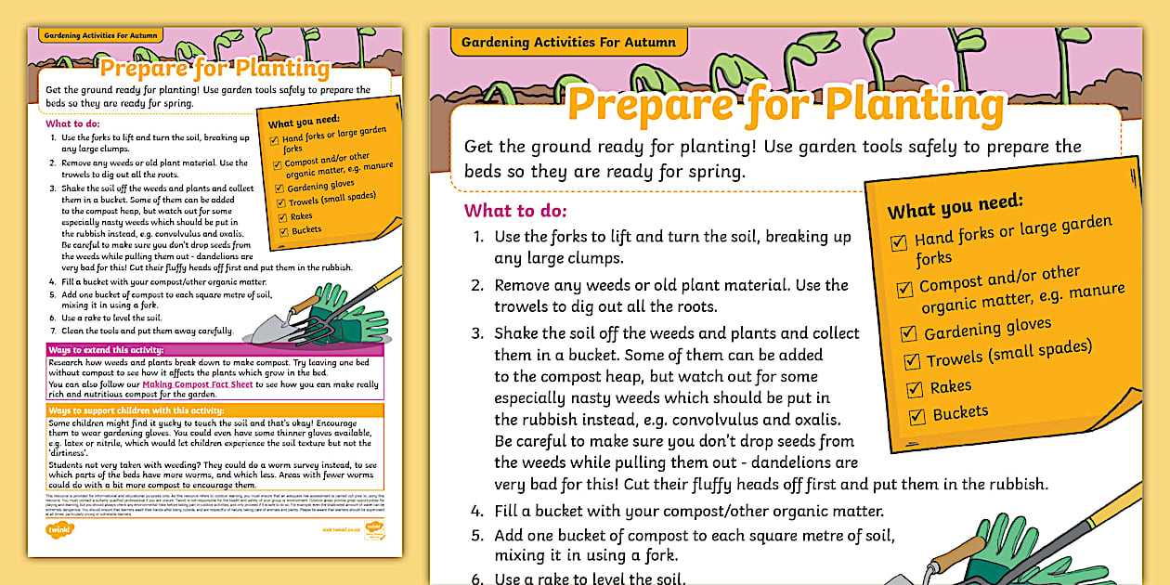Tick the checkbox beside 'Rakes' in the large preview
point(916,390)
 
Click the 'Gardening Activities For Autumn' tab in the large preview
point(568,43)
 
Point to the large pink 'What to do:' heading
point(515,210)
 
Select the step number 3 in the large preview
point(477,332)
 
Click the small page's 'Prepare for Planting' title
point(214,69)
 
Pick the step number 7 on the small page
point(53,330)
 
